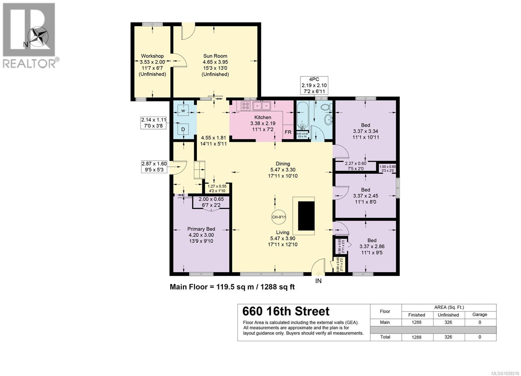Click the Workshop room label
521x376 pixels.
(152, 56)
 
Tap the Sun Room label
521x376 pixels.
(215, 56)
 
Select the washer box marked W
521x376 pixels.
(183, 111)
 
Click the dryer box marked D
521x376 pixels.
(183, 130)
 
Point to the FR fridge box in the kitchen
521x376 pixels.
(288, 132)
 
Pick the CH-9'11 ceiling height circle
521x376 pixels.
(279, 217)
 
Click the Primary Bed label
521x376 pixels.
(201, 229)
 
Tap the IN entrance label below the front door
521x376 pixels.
(318, 281)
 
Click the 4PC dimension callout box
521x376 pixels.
(314, 85)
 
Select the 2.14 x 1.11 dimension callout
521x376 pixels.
(153, 123)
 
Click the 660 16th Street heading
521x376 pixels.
(286, 312)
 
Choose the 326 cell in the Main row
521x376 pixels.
(448, 322)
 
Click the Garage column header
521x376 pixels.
(480, 314)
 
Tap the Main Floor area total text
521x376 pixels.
(232, 287)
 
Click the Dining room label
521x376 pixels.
(282, 164)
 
